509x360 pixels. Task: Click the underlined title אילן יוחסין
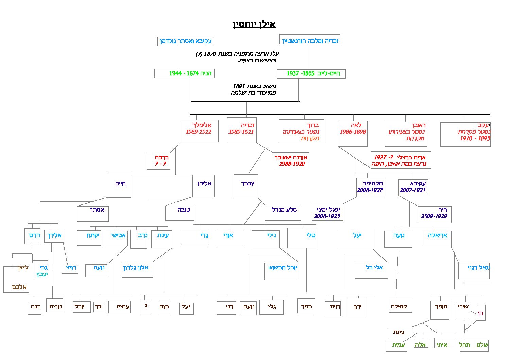coord(254,24)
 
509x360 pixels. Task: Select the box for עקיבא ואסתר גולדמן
coord(186,41)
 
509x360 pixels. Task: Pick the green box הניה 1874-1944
coord(184,73)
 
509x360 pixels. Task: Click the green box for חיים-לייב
coord(311,73)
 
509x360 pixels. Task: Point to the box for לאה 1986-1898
coord(353,133)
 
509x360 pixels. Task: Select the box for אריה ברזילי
coord(400,160)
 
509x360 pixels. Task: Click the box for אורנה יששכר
coord(291,161)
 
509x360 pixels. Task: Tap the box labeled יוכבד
coord(245,185)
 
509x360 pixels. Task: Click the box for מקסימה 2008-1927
coord(370,187)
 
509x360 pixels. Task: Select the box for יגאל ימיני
coord(327,213)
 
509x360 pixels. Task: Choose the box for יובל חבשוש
coord(281,271)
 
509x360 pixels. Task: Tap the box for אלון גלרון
coord(137,269)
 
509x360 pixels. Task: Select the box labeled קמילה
coord(401,306)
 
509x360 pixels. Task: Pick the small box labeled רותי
coord(70,268)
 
